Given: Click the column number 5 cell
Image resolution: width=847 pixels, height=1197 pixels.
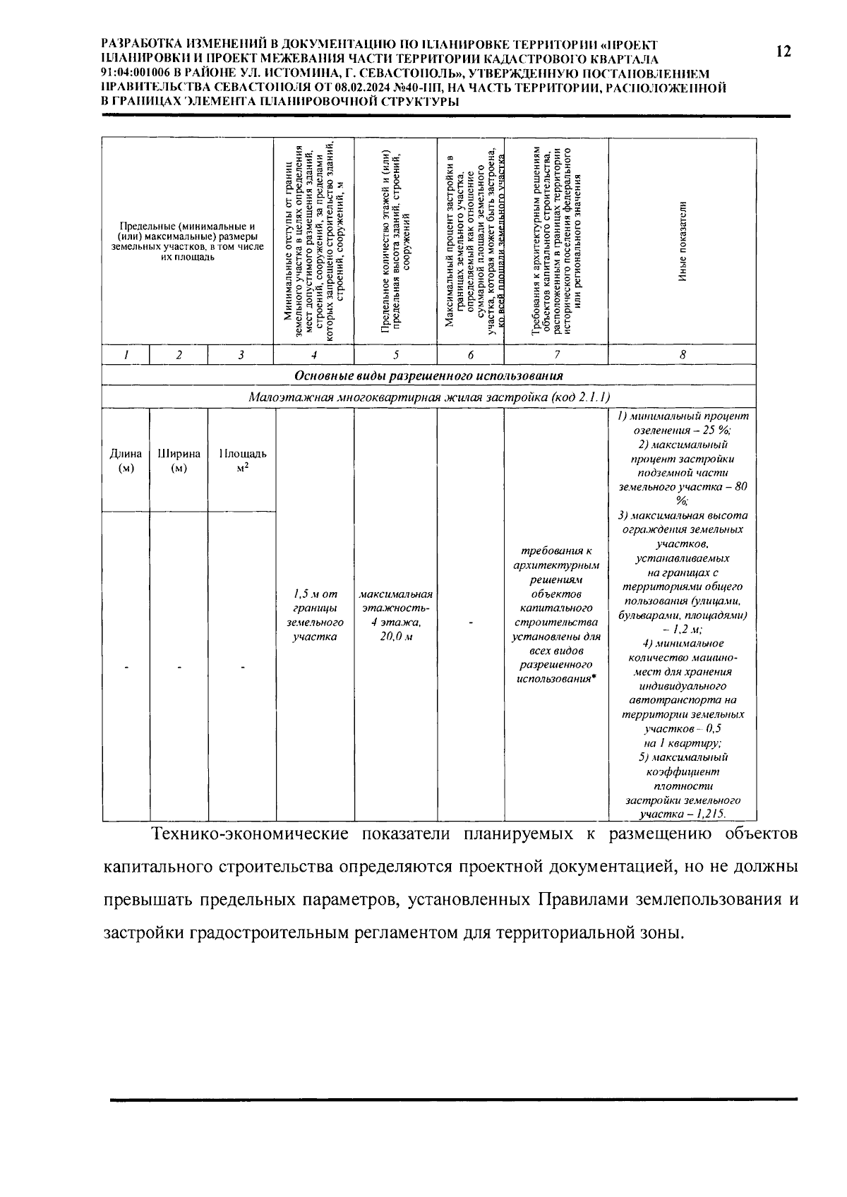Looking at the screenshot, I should (x=395, y=355).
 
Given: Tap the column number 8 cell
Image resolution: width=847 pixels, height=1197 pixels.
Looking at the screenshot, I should (x=682, y=355).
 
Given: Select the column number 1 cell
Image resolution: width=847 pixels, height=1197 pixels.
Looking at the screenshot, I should (x=126, y=355).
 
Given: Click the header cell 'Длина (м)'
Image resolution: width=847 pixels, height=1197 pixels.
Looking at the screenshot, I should (x=126, y=460).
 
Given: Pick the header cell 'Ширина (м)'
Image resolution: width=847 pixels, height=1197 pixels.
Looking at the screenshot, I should (x=179, y=460).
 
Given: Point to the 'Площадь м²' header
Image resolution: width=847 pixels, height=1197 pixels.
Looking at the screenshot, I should (x=242, y=460).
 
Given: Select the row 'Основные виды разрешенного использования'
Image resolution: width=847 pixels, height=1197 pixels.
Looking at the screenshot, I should (x=428, y=375).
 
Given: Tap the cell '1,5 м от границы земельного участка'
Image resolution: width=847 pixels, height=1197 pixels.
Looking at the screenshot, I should (x=314, y=615).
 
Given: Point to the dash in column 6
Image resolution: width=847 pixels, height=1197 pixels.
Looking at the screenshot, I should (x=471, y=622).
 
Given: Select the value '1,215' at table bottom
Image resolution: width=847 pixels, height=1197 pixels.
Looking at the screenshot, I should (x=710, y=814).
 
